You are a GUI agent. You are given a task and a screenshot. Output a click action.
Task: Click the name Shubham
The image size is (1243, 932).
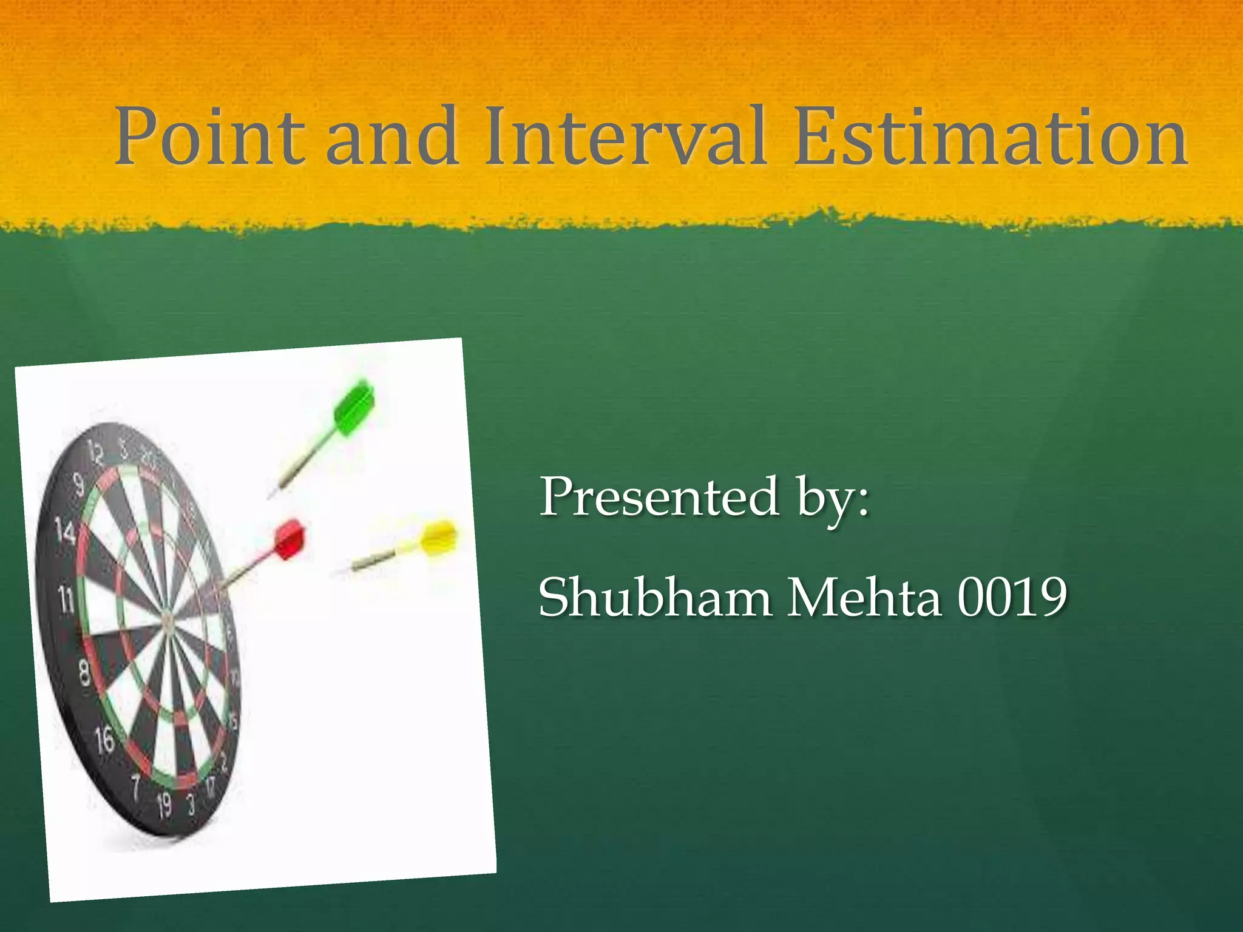[x=655, y=598]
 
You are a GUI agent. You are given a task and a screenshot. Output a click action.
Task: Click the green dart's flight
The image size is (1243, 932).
[x=355, y=407]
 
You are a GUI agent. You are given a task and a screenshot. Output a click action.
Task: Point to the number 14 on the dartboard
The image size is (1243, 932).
[x=65, y=530]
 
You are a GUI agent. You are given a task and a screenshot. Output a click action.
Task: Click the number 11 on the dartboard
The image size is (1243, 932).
[x=66, y=601]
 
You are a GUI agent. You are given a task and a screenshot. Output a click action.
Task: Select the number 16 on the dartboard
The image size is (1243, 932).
[x=104, y=740]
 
